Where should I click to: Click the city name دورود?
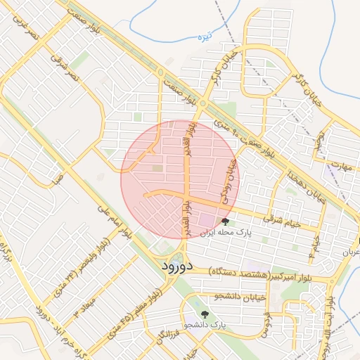(167, 267)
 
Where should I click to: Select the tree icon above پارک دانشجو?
(205, 314)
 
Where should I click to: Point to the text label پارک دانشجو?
(207, 326)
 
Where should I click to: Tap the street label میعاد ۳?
(90, 300)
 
